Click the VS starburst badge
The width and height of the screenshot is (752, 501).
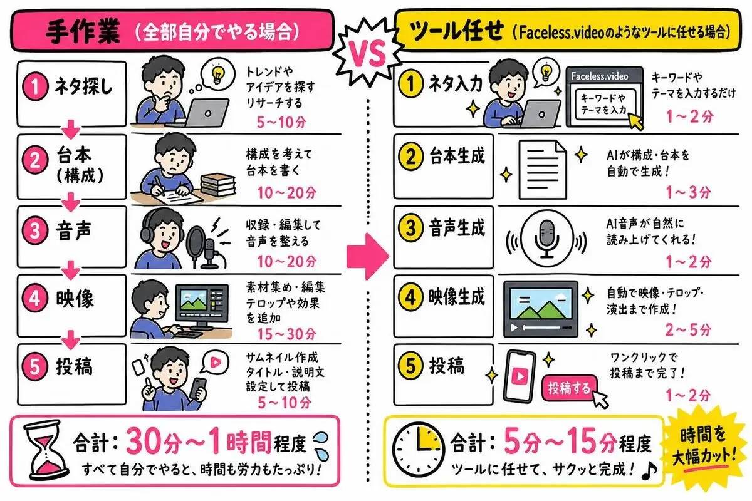[x=367, y=53]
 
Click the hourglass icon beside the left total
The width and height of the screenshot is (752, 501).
[x=46, y=450]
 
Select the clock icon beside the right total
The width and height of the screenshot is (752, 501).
[x=418, y=452]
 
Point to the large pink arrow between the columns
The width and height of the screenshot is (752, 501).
[x=368, y=256]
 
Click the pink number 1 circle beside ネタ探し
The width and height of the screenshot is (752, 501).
[x=36, y=86]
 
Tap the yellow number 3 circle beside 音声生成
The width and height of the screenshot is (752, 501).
[x=410, y=229]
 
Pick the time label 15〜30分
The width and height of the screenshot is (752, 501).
[x=287, y=334]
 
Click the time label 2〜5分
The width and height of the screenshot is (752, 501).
[x=688, y=329]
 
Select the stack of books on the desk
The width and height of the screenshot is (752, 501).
[x=218, y=185]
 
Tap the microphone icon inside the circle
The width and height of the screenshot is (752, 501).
[x=547, y=238]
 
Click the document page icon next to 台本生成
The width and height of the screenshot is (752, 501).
[x=543, y=170]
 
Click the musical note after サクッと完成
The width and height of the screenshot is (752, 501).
[x=649, y=470]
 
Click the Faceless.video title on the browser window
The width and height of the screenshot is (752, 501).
[x=599, y=76]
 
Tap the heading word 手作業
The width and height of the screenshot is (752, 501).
[x=83, y=32]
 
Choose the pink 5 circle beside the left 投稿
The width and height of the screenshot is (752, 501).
[x=35, y=366]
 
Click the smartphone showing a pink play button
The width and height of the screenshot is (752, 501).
[x=520, y=376]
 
